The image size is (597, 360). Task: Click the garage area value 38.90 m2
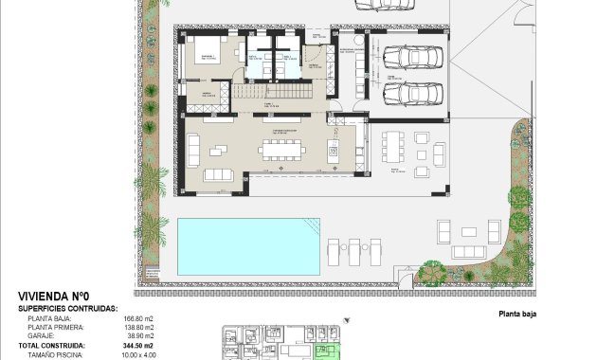click(x=139, y=336)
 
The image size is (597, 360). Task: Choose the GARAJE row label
click(x=41, y=336)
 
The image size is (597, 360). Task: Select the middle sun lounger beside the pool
click(x=353, y=251)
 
